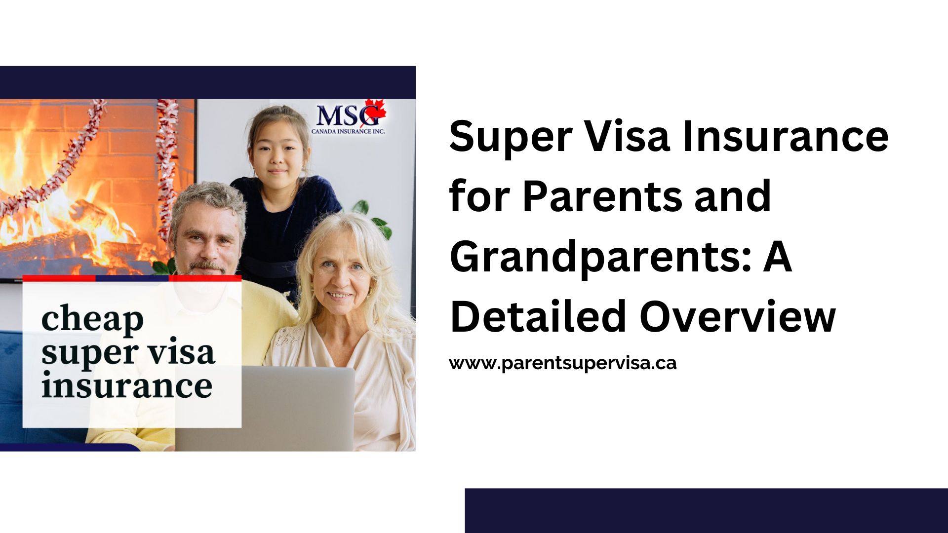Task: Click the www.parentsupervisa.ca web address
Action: point(563,363)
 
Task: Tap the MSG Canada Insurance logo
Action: point(349,117)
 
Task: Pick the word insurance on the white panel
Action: point(127,385)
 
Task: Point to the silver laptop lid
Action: point(265,408)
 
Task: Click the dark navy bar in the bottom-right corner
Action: point(707,510)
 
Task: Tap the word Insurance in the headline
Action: point(786,137)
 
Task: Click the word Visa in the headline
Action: point(624,137)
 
